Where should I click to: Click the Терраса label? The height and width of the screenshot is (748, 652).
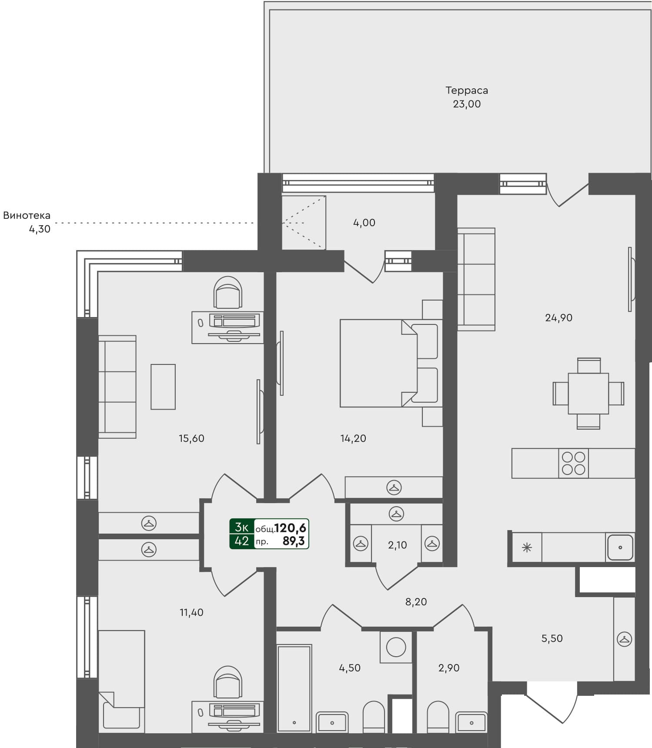[466, 90]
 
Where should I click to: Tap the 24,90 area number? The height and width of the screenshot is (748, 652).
[558, 318]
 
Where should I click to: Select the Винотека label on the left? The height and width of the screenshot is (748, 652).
[27, 215]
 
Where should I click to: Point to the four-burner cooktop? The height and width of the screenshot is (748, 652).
[573, 464]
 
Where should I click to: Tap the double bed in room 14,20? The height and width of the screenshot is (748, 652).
[383, 363]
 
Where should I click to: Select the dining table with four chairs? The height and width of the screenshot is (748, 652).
[588, 393]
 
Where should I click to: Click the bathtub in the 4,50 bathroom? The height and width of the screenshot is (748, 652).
[294, 688]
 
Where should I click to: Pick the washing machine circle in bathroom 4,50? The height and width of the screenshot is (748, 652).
[396, 647]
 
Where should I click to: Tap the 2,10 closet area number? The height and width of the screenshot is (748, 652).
[397, 545]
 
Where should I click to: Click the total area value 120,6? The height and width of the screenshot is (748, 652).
[291, 528]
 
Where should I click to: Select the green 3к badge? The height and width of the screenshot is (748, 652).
[241, 527]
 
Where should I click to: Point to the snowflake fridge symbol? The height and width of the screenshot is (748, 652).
[527, 548]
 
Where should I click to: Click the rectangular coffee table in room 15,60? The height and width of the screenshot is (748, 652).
[163, 387]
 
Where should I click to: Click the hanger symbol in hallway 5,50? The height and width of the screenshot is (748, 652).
[624, 639]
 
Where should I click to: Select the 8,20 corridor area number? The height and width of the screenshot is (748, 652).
[416, 602]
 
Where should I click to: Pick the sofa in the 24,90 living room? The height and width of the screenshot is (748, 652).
[476, 279]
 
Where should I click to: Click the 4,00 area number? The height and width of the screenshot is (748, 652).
[364, 223]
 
